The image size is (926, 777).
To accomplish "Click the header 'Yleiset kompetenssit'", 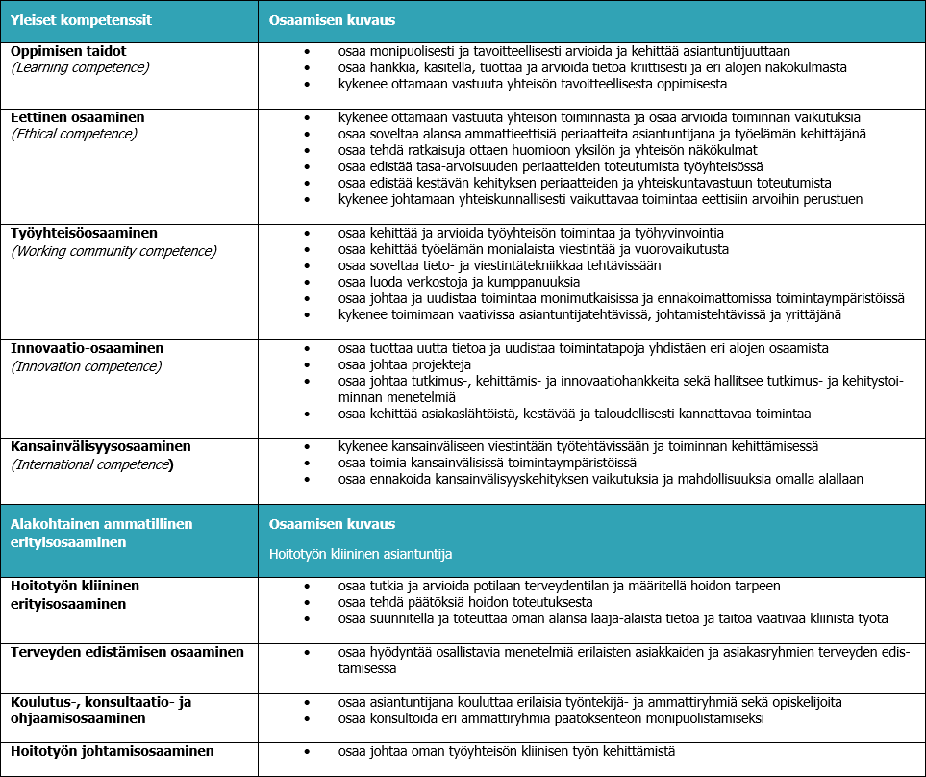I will click(81, 19).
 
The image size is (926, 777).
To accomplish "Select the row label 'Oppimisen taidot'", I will click(68, 51).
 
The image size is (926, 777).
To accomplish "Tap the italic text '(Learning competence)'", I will click(80, 67).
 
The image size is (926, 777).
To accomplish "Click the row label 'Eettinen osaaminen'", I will click(78, 117).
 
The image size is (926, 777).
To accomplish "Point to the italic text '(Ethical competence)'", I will click(74, 134).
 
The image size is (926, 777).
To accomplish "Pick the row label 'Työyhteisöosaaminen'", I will click(84, 234).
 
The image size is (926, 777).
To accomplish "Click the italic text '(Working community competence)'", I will click(113, 251).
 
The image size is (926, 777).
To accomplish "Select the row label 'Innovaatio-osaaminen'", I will click(86, 348).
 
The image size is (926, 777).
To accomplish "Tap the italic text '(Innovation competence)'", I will click(86, 365).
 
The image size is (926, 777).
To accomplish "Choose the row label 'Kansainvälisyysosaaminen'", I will click(101, 446).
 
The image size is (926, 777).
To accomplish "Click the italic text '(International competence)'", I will click(92, 464).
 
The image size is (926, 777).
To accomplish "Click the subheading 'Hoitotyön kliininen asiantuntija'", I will click(361, 554).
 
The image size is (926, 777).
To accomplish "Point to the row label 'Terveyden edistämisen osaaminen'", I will click(127, 652).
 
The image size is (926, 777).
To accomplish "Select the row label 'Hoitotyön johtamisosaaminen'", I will click(113, 751).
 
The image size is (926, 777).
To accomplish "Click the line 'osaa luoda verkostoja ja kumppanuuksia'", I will click(459, 282).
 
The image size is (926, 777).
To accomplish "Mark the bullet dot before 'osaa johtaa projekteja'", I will click(307, 364).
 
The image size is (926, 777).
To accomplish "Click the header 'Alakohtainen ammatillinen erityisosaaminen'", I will click(101, 532).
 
